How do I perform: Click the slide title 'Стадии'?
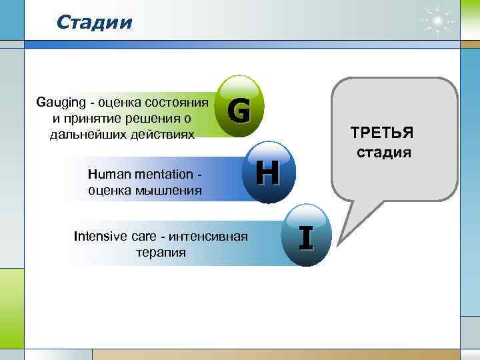[95, 23]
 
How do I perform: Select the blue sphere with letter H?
[267, 171]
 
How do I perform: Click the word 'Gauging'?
[64, 103]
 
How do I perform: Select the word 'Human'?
[105, 174]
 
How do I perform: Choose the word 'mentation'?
[160, 174]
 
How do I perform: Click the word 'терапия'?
[161, 253]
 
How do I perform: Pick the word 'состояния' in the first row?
[177, 103]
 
